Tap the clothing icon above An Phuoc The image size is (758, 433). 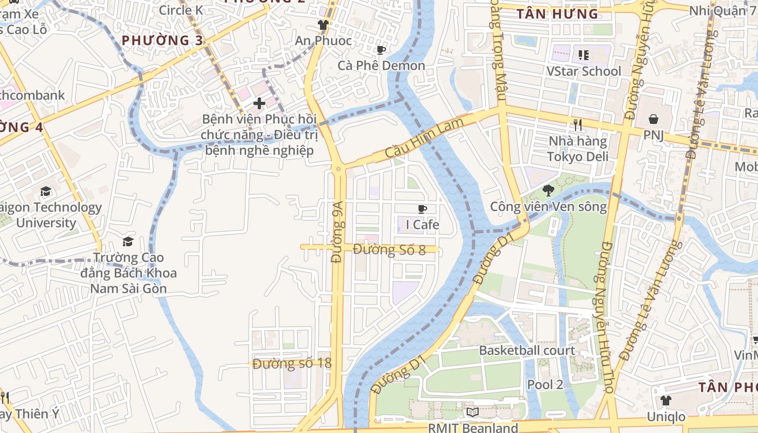pos(323,25)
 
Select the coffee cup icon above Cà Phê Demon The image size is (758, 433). pos(381,50)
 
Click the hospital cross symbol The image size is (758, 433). pos(259,103)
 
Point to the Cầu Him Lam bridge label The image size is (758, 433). pos(424,139)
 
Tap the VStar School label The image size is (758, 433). pos(583,71)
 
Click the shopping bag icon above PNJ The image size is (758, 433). pos(654,119)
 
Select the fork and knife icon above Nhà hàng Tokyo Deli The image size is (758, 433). pos(578,125)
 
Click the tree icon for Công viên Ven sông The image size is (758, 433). pos(548,190)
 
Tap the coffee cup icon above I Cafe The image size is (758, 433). pos(422,209)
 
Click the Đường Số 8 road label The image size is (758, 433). pos(389,250)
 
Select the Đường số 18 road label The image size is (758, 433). pos(292,363)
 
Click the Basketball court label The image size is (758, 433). pos(527,350)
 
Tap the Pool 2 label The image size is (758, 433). pos(545,384)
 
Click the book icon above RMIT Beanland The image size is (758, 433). pos(473,412)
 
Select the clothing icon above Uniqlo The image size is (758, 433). pos(665,401)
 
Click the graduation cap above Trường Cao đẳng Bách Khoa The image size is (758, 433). pos(128,241)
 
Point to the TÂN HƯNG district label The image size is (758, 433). pos(557,14)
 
